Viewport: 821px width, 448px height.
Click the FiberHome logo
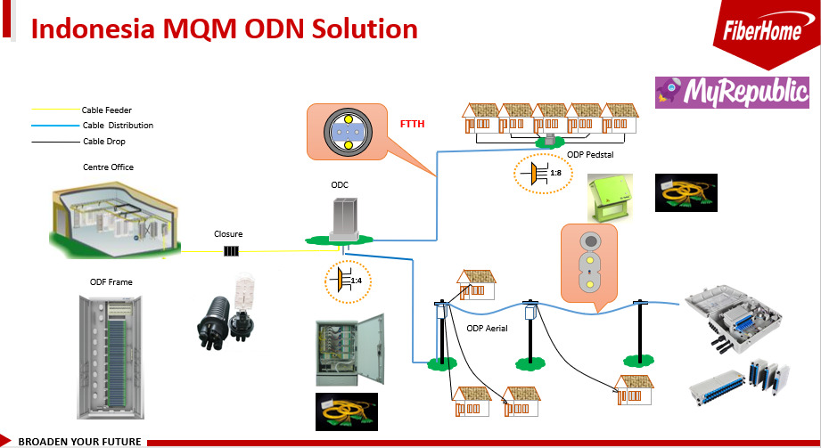(x=762, y=31)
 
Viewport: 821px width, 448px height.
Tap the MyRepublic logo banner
(x=732, y=93)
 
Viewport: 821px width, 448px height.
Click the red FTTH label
(x=412, y=124)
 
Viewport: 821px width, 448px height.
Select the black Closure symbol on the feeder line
(x=231, y=251)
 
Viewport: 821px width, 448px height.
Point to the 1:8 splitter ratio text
(x=555, y=173)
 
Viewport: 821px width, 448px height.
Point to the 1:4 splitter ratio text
(x=356, y=281)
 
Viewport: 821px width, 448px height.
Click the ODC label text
(x=340, y=184)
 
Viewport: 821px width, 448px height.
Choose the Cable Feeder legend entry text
(x=107, y=110)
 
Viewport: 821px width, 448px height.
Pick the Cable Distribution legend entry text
(x=118, y=125)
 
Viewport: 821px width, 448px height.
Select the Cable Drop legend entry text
(x=104, y=142)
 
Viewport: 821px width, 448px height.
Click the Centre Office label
(x=109, y=167)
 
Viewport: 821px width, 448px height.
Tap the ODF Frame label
(x=111, y=282)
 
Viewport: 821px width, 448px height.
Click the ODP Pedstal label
(x=590, y=154)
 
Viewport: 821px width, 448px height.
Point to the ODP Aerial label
(x=487, y=328)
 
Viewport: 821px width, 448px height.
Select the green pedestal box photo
(x=610, y=198)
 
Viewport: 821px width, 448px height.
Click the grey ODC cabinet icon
(x=344, y=220)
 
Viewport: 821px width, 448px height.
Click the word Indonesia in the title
(x=93, y=29)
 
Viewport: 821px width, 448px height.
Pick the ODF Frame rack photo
(x=111, y=357)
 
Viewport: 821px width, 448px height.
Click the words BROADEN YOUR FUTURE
(x=79, y=442)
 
